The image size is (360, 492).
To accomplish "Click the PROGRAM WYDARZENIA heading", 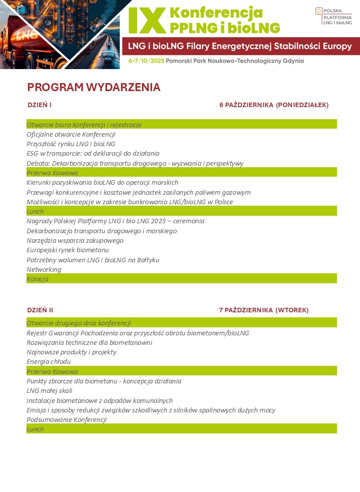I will point(93,88).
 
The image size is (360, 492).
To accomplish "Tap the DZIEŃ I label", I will point(39,105).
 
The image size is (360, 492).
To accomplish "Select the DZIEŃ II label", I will point(40,310).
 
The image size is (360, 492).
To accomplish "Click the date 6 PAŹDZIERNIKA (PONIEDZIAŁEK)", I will point(273,105).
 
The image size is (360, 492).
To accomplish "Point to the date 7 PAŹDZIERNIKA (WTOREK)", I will point(263,310).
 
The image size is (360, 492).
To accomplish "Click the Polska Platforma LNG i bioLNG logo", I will point(333,16).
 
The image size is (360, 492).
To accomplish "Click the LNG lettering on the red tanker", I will point(25,36).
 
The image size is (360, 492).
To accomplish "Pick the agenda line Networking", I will point(44,269).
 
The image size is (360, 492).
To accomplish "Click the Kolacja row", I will point(37,279).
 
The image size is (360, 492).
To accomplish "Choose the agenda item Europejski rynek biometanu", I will point(67,250).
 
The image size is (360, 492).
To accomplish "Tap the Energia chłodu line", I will point(48,361).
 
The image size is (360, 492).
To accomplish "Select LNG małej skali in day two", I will point(49,390).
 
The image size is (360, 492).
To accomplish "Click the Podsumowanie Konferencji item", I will point(66,419).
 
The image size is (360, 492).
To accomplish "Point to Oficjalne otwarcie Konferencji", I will point(71,134).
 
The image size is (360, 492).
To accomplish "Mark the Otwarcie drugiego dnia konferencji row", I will point(78,323).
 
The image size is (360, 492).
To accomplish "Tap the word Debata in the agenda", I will point(37,163).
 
